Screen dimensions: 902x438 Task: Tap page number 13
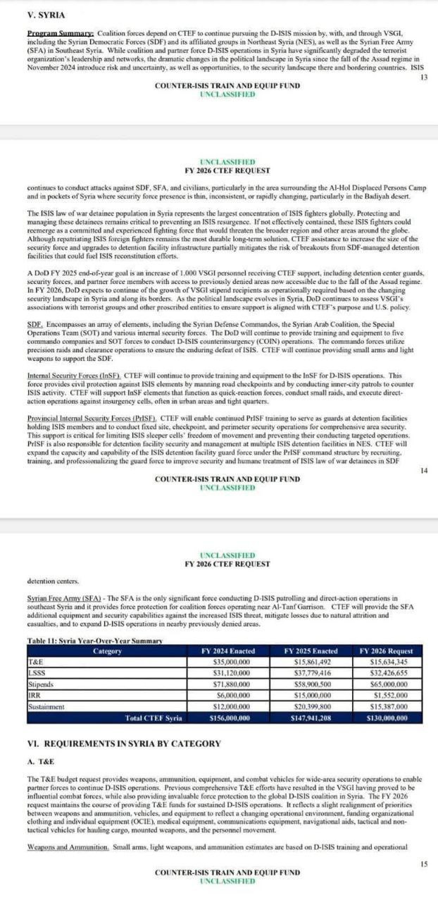tap(423, 76)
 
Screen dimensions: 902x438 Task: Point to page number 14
tap(423, 470)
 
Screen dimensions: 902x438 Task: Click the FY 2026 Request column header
tap(386, 651)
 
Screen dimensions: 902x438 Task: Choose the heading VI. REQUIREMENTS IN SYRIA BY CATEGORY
tap(123, 743)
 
